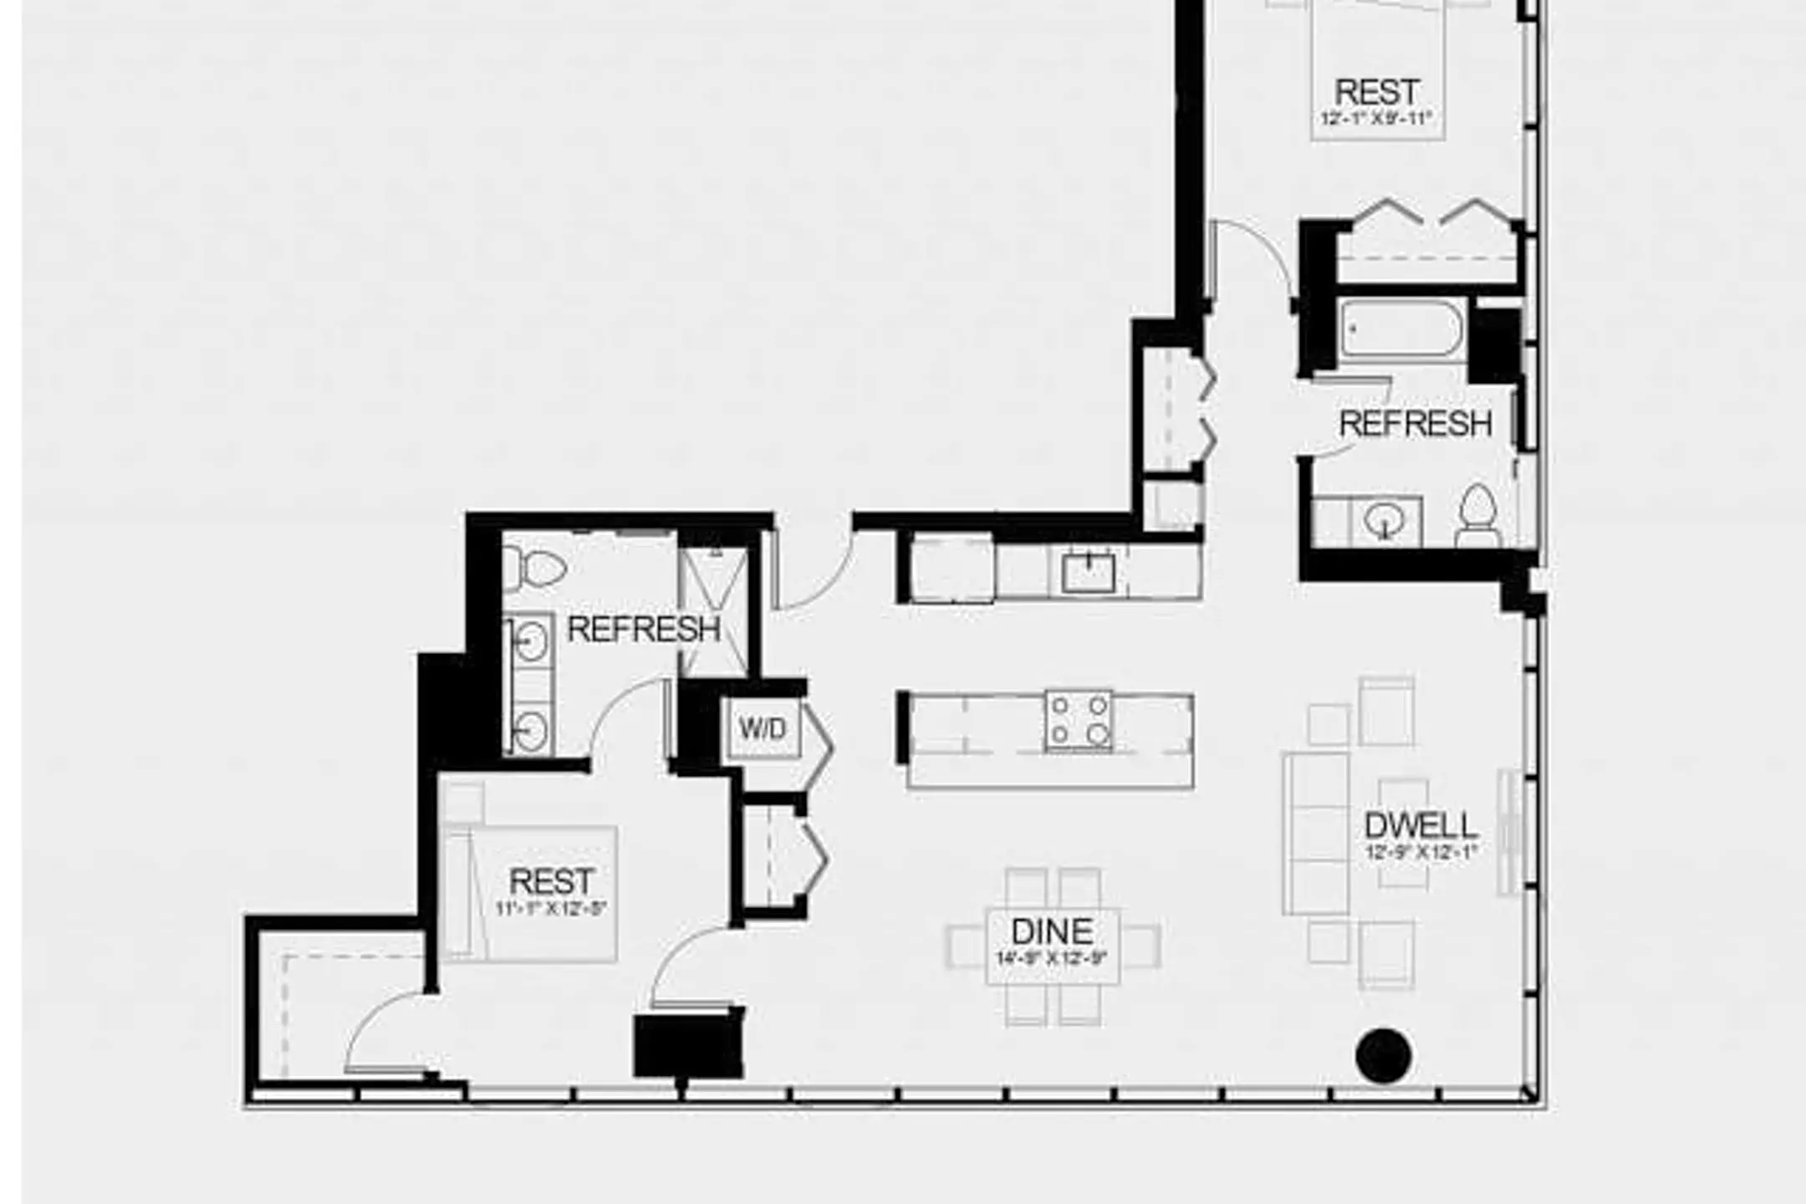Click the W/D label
click(762, 729)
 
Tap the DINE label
click(1052, 932)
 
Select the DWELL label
click(1421, 827)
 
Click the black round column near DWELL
click(1384, 1055)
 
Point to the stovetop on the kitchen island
click(1078, 720)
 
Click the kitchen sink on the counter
click(1088, 574)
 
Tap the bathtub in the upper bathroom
click(1403, 329)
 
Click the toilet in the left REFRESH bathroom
click(534, 568)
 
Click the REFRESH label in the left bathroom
click(643, 630)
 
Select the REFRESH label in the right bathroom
click(1415, 424)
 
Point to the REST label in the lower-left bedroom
click(551, 881)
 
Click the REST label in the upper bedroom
click(1377, 92)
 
